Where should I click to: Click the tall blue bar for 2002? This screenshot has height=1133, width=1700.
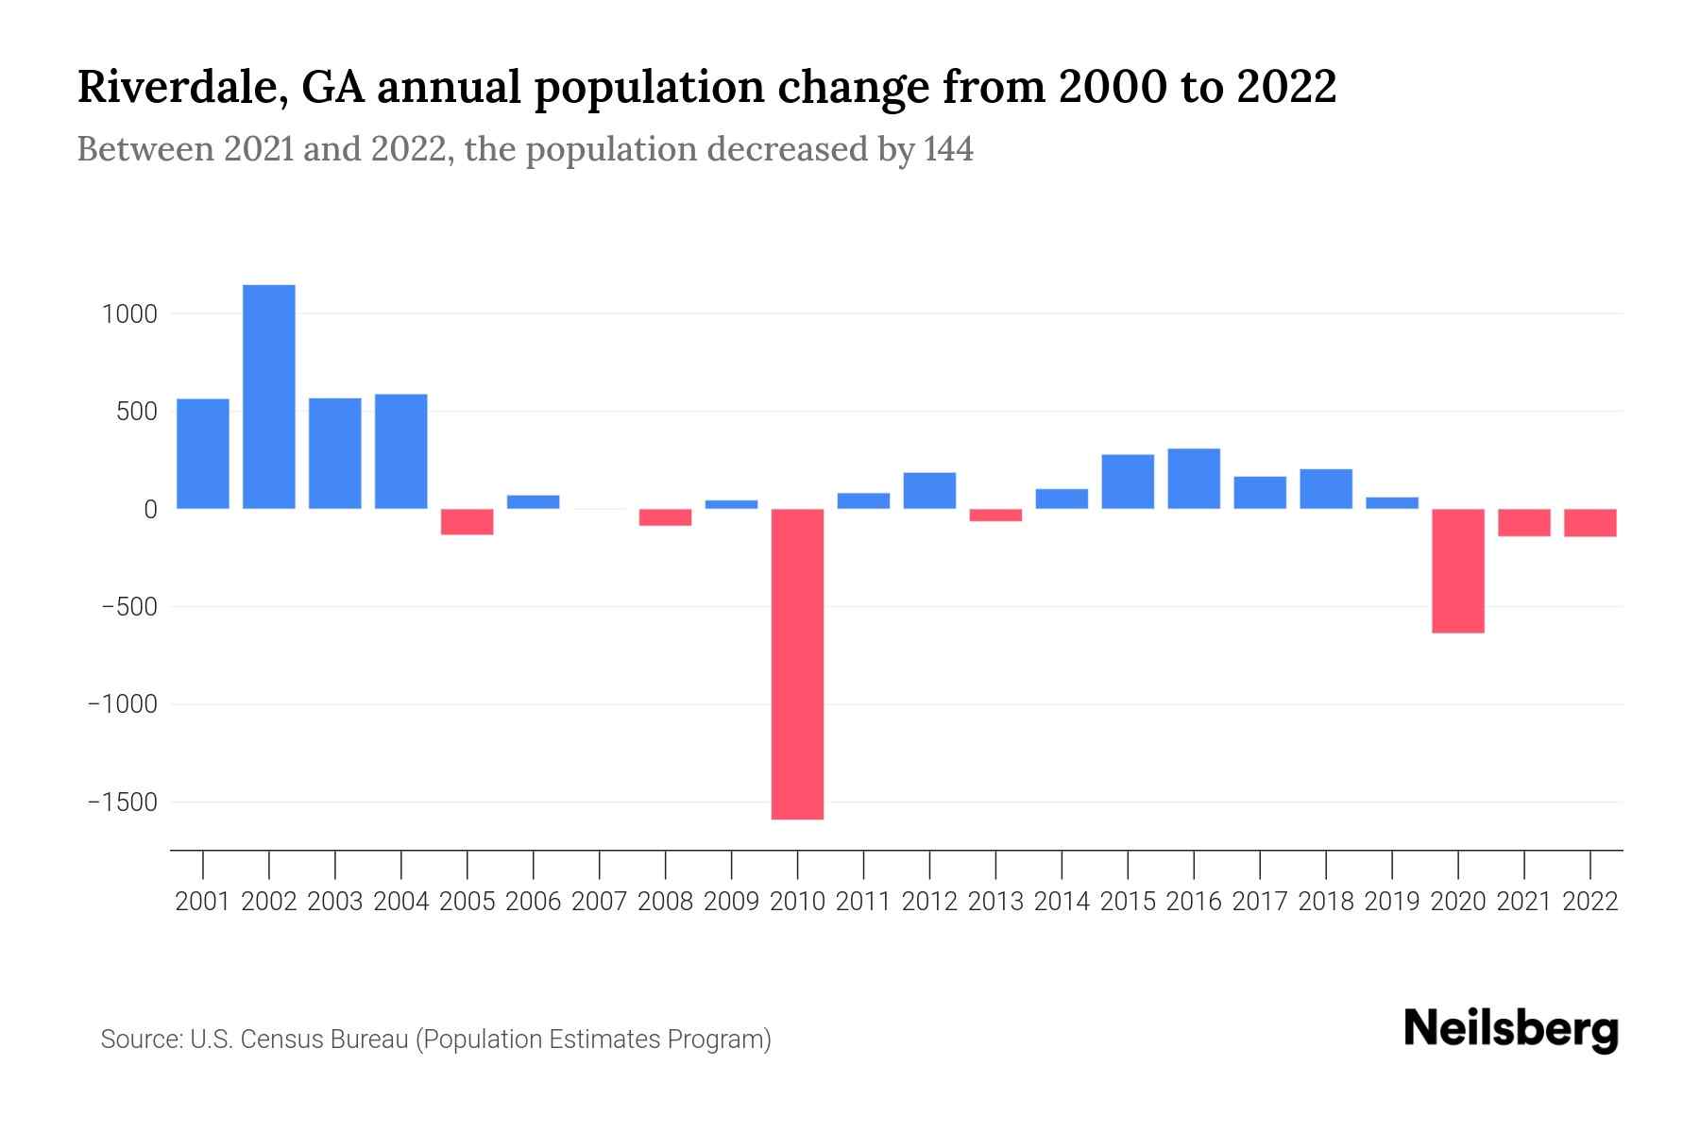pyautogui.click(x=269, y=397)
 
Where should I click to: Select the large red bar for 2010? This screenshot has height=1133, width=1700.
pyautogui.click(x=797, y=664)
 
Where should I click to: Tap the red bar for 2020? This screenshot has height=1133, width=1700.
pyautogui.click(x=1457, y=570)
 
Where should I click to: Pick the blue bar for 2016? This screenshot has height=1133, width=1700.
pyautogui.click(x=1194, y=479)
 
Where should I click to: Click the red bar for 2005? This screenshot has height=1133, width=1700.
pyautogui.click(x=467, y=522)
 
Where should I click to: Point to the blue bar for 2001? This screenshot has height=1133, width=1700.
pyautogui.click(x=203, y=453)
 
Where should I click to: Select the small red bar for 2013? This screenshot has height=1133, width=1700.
pyautogui.click(x=995, y=516)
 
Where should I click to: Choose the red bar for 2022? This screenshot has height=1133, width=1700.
pyautogui.click(x=1589, y=523)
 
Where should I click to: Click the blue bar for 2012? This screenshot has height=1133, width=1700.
pyautogui.click(x=929, y=490)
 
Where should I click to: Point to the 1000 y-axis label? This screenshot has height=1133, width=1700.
pyautogui.click(x=129, y=314)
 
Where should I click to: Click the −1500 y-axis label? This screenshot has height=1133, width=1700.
pyautogui.click(x=123, y=803)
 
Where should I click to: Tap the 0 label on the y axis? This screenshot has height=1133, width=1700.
pyautogui.click(x=150, y=510)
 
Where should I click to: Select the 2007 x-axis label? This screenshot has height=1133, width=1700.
pyautogui.click(x=599, y=902)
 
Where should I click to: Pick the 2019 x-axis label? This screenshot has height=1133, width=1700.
pyautogui.click(x=1391, y=902)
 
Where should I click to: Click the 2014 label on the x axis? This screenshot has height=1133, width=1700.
pyautogui.click(x=1062, y=902)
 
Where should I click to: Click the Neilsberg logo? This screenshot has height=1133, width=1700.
pyautogui.click(x=1511, y=1029)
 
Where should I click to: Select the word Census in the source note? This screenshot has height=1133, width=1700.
pyautogui.click(x=281, y=1040)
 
